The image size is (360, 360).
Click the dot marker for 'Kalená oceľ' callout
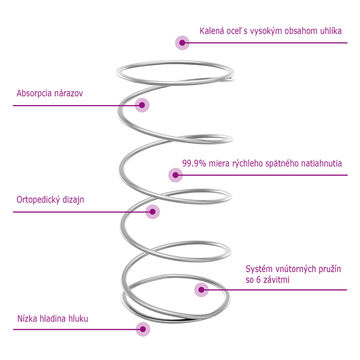coord(182,42)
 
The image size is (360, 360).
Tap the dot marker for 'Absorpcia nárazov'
coord(142,105)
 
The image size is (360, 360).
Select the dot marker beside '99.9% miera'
coord(175,175)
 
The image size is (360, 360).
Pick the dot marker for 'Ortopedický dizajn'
coord(153,211)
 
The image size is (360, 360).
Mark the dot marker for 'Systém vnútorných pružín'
coord(202,290)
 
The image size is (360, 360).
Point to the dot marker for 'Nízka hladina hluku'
coord(143,328)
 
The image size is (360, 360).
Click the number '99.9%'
coord(193,163)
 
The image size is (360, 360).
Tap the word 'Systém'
coord(259,269)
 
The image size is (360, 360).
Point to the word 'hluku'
coord(77,318)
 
